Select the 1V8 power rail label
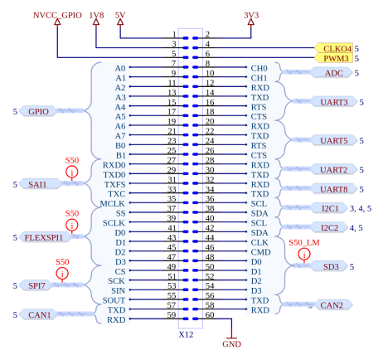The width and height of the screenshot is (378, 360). (x=96, y=15)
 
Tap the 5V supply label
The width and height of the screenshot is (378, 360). (x=120, y=15)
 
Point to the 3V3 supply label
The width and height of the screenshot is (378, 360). (x=251, y=15)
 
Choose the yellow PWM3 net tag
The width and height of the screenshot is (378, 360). (x=336, y=58)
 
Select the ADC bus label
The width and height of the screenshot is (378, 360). (x=334, y=73)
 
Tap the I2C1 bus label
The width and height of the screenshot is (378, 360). (x=331, y=208)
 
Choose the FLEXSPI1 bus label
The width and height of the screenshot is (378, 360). (x=44, y=237)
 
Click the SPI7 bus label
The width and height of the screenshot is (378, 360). (x=36, y=285)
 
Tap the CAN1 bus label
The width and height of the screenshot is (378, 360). (x=38, y=314)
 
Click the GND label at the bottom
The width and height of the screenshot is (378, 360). (x=231, y=343)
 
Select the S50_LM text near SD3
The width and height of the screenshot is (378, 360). (x=304, y=242)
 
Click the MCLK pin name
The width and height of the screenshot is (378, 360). (x=113, y=203)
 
